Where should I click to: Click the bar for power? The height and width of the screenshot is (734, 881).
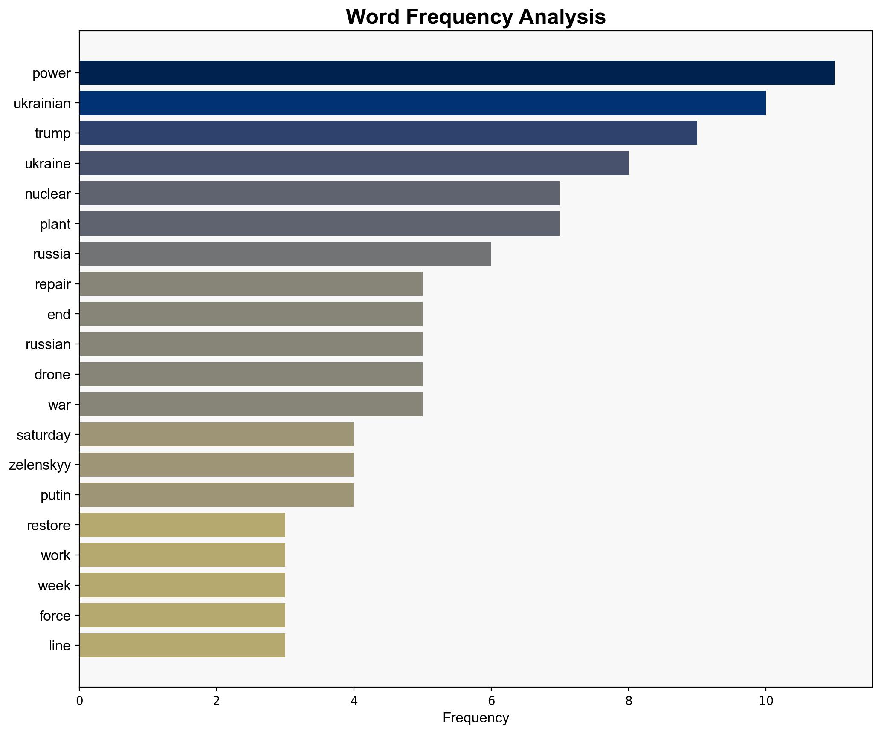[456, 73]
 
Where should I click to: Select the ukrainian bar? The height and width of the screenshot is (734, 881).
[422, 103]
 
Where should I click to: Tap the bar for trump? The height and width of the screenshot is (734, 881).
[388, 133]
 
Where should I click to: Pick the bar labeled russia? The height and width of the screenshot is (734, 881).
[285, 254]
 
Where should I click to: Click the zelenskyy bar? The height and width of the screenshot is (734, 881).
[216, 465]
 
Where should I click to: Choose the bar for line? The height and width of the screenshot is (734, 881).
[182, 646]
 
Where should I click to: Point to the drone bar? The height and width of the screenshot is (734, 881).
[251, 375]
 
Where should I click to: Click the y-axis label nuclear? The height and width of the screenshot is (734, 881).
[48, 194]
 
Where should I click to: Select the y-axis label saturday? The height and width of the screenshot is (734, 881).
[43, 435]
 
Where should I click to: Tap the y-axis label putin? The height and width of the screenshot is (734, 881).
[55, 495]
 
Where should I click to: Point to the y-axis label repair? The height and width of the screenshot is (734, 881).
[53, 284]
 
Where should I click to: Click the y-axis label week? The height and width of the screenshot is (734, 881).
[54, 586]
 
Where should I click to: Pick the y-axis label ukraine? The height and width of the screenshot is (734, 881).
[48, 164]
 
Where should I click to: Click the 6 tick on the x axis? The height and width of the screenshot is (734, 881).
[491, 701]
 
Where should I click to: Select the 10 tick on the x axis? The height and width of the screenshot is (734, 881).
[766, 701]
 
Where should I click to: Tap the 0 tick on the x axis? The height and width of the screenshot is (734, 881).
[79, 701]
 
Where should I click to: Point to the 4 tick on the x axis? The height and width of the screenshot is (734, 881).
[354, 701]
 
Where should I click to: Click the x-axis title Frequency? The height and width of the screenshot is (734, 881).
[475, 718]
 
